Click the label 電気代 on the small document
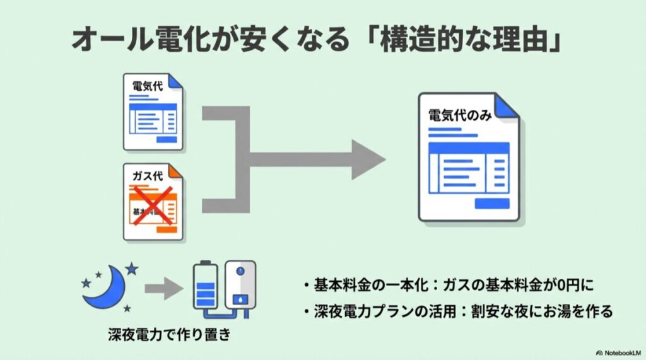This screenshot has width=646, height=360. tap(146, 86)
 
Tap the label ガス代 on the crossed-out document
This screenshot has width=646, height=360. tap(146, 175)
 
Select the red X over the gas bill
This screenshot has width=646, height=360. tap(151, 206)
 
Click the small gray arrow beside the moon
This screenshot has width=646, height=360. tap(162, 290)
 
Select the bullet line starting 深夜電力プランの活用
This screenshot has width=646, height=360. tap(457, 311)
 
